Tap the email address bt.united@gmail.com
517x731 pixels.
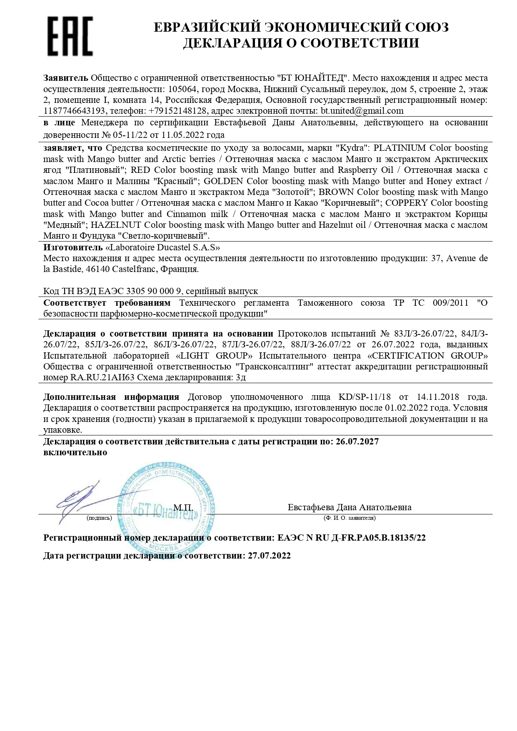(x=362, y=111)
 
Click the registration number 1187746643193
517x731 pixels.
(x=74, y=111)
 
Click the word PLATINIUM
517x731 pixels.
(x=400, y=148)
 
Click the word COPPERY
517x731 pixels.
(x=407, y=203)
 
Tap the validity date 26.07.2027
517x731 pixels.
(x=357, y=442)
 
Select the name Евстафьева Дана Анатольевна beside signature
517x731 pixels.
(x=349, y=507)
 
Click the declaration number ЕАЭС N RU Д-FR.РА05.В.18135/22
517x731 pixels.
(x=351, y=538)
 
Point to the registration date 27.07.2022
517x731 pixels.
(x=269, y=556)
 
